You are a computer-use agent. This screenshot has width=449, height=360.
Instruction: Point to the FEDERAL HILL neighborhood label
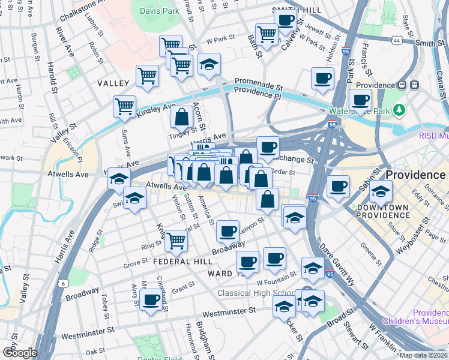coord(182,262)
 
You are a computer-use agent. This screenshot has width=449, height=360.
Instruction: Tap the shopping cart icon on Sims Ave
coord(124,107)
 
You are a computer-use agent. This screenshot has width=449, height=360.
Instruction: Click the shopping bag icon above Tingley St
coord(181,118)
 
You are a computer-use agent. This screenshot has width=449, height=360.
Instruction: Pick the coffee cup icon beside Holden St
coord(322,79)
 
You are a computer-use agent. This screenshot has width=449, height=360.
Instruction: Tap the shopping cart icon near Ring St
coord(176,241)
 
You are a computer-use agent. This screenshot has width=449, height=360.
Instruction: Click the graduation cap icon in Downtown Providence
coord(381,193)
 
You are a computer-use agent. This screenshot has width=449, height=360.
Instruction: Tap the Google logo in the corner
coord(19,352)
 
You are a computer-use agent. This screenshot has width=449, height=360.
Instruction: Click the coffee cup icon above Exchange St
coord(268,147)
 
